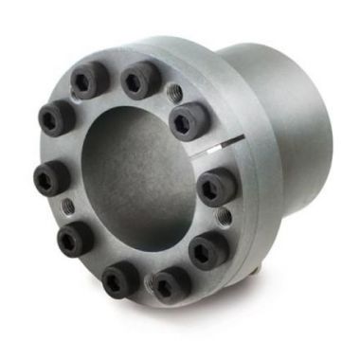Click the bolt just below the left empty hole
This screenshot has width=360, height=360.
(74, 238)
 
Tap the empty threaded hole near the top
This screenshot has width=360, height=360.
(172, 94)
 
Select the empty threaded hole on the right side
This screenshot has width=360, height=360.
(224, 218)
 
